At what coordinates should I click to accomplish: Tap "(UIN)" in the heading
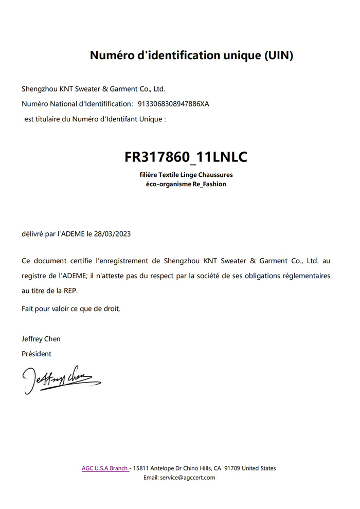click(279, 56)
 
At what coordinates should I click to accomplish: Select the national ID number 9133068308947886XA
click(173, 104)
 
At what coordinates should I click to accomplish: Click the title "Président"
click(37, 354)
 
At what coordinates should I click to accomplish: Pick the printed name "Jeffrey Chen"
click(41, 339)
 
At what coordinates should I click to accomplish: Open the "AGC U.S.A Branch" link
click(104, 468)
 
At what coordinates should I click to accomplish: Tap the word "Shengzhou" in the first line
click(39, 88)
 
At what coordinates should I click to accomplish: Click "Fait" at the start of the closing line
click(28, 309)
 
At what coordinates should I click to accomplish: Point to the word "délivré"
click(32, 233)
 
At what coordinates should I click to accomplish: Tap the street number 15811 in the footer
click(141, 468)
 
